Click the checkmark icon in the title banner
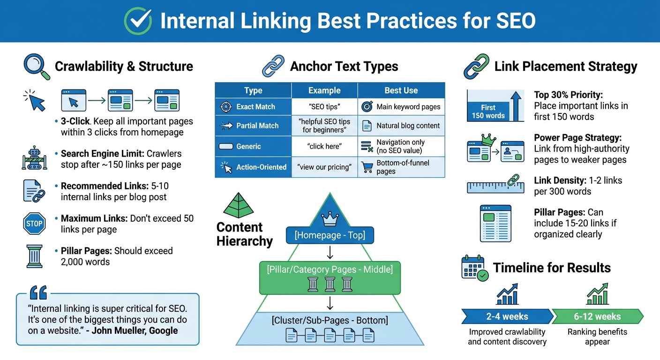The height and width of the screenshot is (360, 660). tap(138, 21)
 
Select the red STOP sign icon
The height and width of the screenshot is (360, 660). tap(34, 224)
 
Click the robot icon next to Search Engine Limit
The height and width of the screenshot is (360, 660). tap(34, 158)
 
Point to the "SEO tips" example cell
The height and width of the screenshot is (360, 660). tap(324, 107)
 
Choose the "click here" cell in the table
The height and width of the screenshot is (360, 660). tap(324, 146)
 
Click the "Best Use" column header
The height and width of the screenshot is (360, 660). tap(401, 90)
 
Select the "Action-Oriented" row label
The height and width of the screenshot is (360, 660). tap(261, 167)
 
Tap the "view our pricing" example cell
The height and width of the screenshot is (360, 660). tap(324, 167)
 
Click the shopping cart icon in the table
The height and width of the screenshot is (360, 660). tap(367, 167)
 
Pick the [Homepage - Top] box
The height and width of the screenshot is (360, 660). tap(330, 235)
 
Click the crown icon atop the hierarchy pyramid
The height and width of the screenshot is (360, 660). tap(330, 218)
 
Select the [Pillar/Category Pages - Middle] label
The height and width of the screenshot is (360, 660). tap(330, 269)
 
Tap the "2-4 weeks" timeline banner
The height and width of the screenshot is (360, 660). tap(506, 316)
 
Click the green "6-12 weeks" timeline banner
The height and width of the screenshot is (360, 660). tap(597, 316)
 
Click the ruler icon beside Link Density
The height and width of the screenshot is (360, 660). tap(496, 186)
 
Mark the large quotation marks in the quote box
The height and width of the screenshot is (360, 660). tap(38, 293)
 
